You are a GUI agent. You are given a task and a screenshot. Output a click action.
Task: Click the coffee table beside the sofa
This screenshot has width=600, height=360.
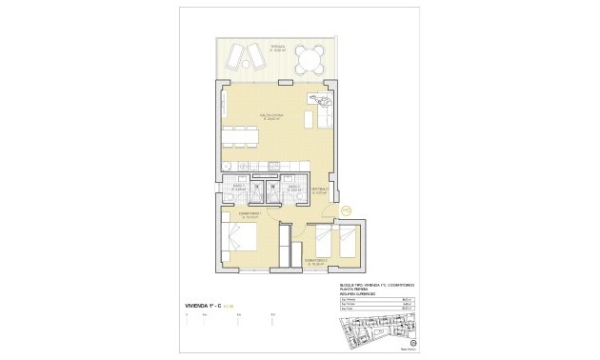pos(308,118)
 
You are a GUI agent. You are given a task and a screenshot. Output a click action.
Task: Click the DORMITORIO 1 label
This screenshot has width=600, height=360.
pos(250,215)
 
